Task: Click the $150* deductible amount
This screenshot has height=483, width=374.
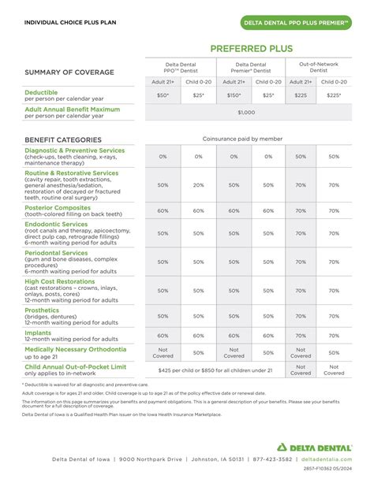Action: tap(234, 95)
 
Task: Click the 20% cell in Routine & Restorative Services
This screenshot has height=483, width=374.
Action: tap(199, 185)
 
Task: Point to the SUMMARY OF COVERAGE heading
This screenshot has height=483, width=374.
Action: tap(69, 72)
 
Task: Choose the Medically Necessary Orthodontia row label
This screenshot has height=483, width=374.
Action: tap(75, 349)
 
